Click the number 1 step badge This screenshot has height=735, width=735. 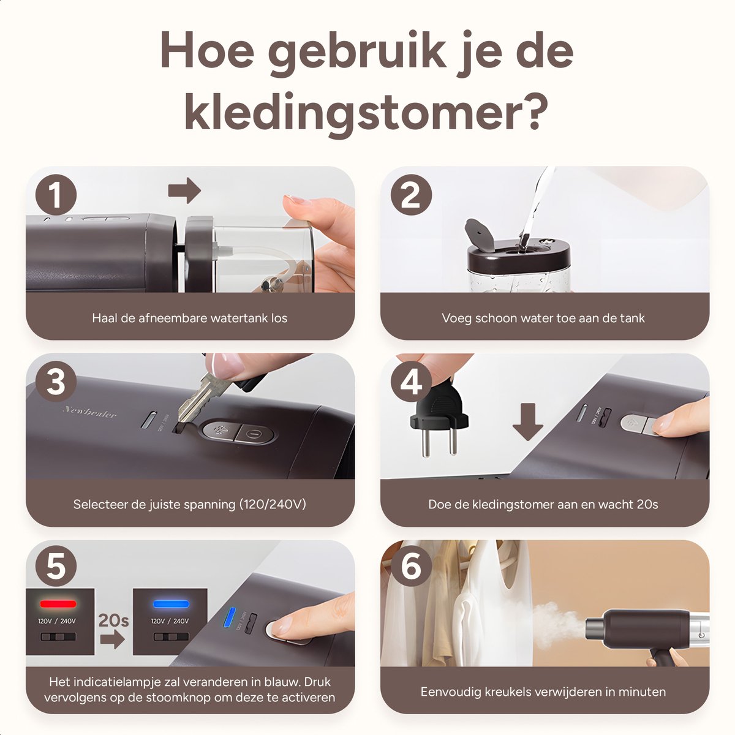pos(56,195)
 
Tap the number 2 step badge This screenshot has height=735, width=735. pos(411,195)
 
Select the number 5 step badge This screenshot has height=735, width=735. pos(56,566)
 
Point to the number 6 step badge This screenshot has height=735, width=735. pos(411,566)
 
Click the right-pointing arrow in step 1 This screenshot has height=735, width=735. pos(184,190)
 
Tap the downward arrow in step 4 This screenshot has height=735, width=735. pos(527,422)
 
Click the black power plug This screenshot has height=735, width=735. pos(439,418)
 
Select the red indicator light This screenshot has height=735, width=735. pos(58,604)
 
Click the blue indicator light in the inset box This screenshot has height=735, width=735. pos(171,604)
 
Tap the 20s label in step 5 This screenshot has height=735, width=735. pos(113,620)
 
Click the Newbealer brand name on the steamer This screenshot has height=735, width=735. pos(89,412)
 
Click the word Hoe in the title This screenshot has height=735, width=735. pos(208,51)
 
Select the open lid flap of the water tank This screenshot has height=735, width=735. pos(479,234)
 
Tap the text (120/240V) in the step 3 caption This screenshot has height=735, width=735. pos(273,504)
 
